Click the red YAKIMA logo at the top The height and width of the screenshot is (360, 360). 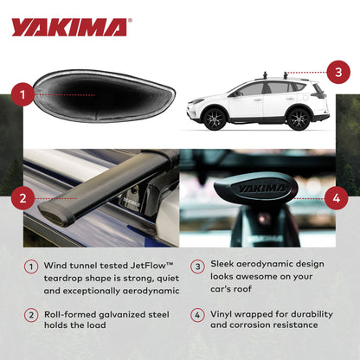tap(69, 27)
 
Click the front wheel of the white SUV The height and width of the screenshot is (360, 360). tap(214, 119)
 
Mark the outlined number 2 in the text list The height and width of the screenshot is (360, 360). tap(30, 314)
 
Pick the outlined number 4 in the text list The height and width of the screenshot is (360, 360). tap(197, 314)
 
